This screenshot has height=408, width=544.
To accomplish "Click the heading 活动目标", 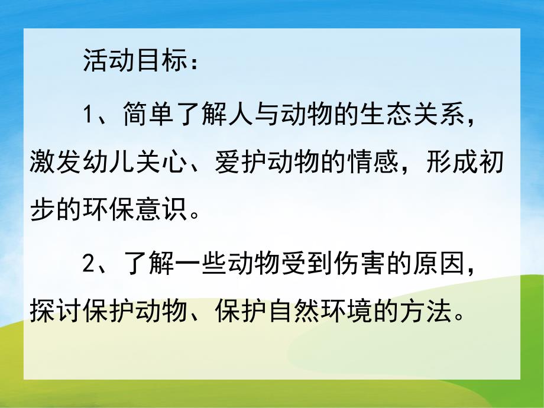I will [x=131, y=61].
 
